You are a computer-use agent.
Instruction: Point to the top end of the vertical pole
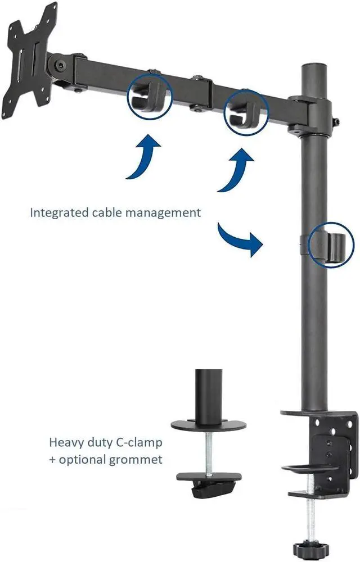[x=313, y=67]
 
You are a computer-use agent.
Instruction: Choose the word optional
[x=85, y=459]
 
